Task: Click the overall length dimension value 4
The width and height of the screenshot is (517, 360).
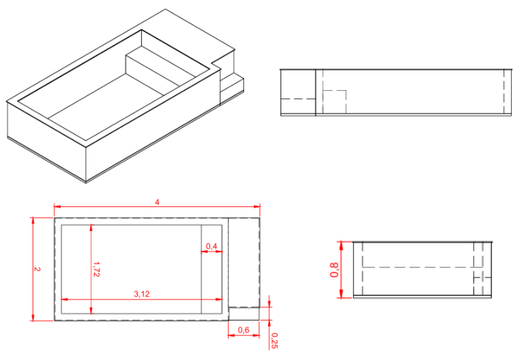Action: tap(157, 202)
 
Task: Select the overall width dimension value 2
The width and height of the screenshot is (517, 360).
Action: tap(37, 269)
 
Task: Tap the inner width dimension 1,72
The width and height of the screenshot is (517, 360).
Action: tap(96, 268)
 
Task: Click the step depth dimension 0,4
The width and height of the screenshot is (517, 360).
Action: tap(211, 246)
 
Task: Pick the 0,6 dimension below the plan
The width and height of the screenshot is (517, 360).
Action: tap(243, 330)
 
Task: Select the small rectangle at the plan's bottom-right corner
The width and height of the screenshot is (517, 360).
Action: tap(244, 313)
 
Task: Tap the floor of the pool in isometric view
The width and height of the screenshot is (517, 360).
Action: tap(114, 102)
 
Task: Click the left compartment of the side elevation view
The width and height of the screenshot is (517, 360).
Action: tap(298, 92)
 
